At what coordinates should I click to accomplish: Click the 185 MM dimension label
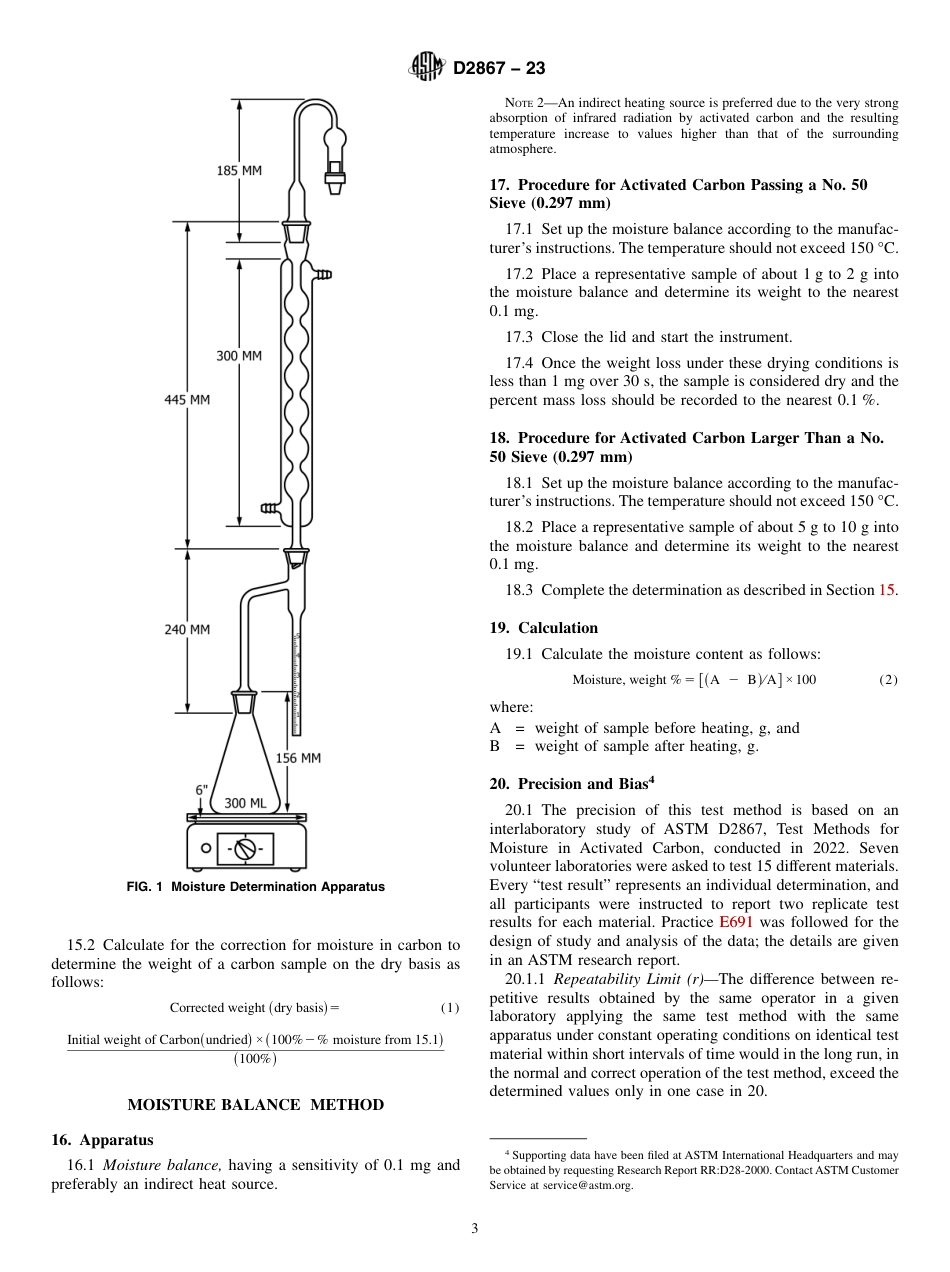(239, 171)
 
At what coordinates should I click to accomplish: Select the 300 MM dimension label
(239, 356)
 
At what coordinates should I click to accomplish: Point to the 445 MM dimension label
(187, 400)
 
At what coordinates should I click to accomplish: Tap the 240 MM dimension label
(187, 630)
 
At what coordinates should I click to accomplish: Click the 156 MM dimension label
(298, 758)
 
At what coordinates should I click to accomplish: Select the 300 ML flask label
(245, 803)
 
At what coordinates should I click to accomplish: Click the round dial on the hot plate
(246, 849)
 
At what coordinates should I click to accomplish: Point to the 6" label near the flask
(201, 790)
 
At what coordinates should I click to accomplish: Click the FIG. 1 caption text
(255, 887)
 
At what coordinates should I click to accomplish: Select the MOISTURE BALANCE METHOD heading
(255, 1105)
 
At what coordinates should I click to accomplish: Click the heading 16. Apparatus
(102, 1140)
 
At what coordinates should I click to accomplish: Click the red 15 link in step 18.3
(886, 590)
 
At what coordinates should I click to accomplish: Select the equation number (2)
(888, 680)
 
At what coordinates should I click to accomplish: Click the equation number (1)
(450, 1008)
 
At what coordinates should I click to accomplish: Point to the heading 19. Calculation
(543, 628)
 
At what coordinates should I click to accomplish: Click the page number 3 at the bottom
(475, 1228)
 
